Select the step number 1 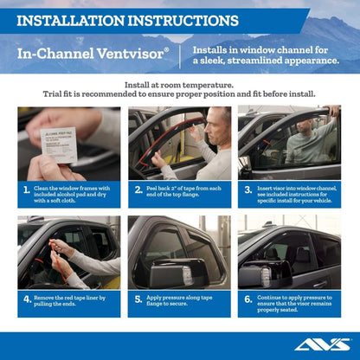coord(28,190)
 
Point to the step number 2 coord(138,190)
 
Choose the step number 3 coord(247,190)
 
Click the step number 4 coord(28,299)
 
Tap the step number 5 coord(138,299)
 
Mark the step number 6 coord(247,299)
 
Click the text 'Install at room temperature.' coord(180,85)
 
